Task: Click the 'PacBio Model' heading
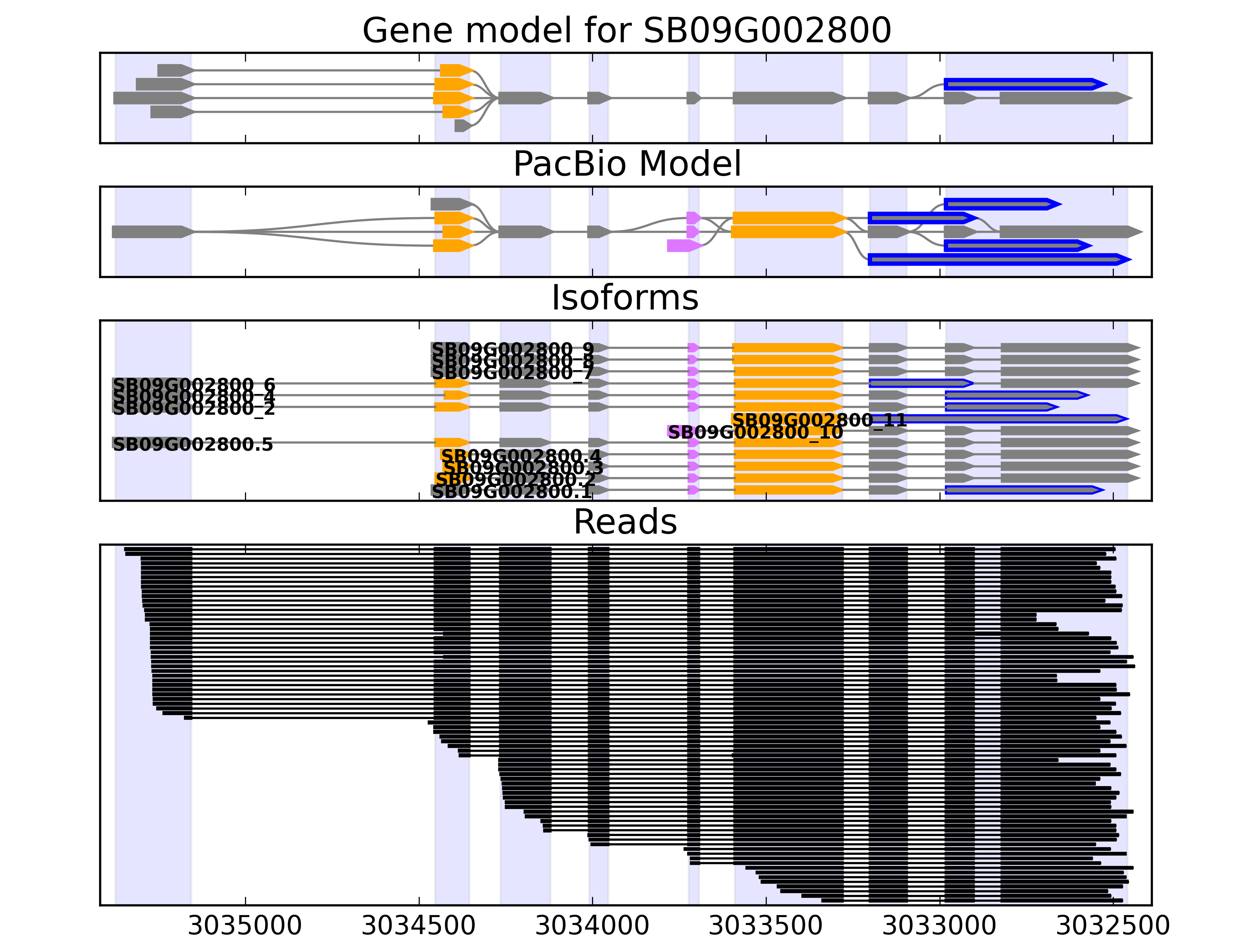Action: coord(626,164)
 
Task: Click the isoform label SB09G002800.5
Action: coord(193,445)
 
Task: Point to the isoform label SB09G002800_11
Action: coord(819,420)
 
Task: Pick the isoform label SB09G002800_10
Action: coord(755,432)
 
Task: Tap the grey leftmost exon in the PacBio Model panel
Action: coord(152,232)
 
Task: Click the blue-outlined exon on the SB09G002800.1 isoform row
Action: coord(1024,489)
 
